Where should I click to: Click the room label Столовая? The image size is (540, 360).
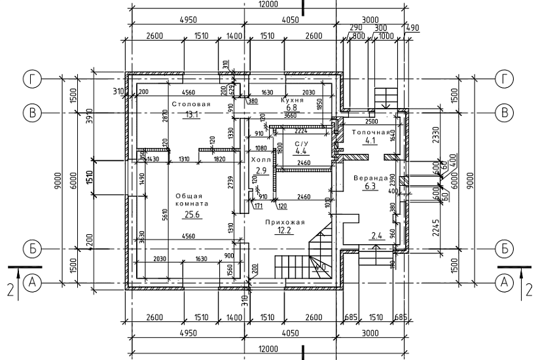[x=191, y=105]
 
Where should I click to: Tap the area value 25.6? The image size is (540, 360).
[x=192, y=214]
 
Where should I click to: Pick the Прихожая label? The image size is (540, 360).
[x=285, y=223]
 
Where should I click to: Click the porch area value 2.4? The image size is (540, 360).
[x=376, y=236]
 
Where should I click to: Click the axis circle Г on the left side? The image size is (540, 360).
[x=31, y=79]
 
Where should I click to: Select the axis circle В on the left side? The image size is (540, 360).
[x=31, y=112]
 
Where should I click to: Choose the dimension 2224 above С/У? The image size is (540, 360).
[x=302, y=130]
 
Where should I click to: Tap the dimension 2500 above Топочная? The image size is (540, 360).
[x=371, y=122]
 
